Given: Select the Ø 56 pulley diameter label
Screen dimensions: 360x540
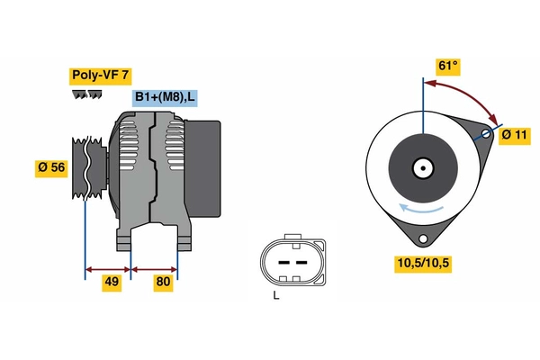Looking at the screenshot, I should tap(52, 167).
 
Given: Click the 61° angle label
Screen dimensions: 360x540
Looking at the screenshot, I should tap(448, 66).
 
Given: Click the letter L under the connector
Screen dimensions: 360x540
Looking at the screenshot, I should tap(276, 295).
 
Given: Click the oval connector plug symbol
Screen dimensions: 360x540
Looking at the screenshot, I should tap(290, 261).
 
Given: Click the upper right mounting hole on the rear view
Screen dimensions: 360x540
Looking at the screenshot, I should tap(486, 134).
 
